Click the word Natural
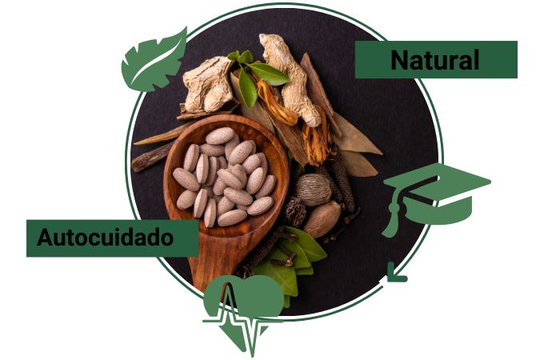pyautogui.click(x=435, y=60)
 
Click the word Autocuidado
pyautogui.click(x=105, y=238)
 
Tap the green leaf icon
pyautogui.click(x=154, y=60)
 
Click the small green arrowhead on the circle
pyautogui.click(x=396, y=273)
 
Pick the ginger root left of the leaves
pyautogui.click(x=207, y=84)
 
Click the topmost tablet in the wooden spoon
pyautogui.click(x=220, y=136)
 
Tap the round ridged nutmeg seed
pyautogui.click(x=314, y=190)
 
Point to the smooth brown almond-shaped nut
pyautogui.click(x=322, y=219)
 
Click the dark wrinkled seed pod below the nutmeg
pyautogui.click(x=295, y=211)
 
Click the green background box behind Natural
pyautogui.click(x=436, y=60)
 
